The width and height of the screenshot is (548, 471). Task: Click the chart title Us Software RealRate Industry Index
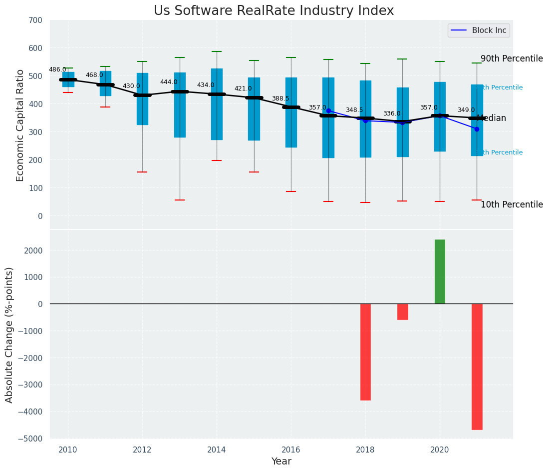274,11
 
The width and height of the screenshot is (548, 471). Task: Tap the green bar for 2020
440,271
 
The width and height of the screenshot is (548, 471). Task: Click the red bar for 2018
365,351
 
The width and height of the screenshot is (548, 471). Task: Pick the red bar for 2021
477,366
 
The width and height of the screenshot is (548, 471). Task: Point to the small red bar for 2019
403,311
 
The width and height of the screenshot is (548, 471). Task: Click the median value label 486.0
57,69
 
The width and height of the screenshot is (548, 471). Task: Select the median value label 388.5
280,98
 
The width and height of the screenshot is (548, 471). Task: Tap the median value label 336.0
392,113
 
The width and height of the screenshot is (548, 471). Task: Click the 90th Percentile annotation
512,58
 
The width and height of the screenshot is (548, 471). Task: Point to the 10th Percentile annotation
512,204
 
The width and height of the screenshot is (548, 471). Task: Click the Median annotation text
492,118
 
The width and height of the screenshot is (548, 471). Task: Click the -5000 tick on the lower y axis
31,438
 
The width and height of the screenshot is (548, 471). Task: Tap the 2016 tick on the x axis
291,449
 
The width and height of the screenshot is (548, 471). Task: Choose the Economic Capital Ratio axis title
20,125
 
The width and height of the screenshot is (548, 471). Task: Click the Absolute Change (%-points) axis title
9,334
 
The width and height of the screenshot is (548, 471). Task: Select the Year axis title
281,461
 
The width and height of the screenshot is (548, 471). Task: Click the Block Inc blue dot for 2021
477,129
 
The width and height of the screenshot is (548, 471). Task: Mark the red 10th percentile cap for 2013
180,200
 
